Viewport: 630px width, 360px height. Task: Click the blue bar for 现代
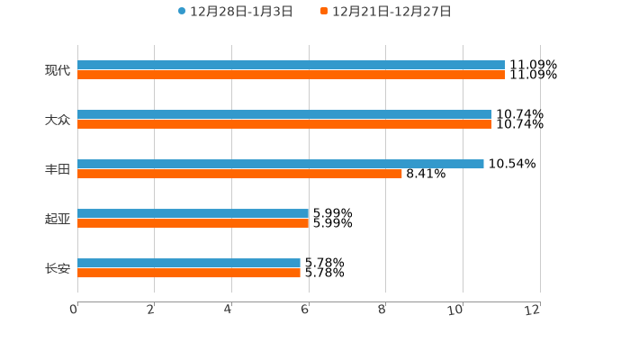pos(291,65)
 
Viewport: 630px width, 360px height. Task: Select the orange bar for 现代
pos(291,75)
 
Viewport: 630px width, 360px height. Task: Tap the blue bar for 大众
pos(284,114)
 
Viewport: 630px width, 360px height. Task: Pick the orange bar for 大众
pos(284,124)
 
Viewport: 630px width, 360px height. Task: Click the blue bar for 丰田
pos(280,164)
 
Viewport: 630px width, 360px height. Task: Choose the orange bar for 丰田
pos(239,174)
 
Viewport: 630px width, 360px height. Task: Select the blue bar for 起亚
pos(193,213)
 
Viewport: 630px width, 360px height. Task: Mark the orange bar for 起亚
pos(193,223)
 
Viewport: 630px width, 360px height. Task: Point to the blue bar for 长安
pos(188,263)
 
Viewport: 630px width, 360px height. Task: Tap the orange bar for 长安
pos(188,273)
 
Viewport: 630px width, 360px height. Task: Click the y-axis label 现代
pos(58,70)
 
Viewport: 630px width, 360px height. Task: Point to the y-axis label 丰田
pos(58,169)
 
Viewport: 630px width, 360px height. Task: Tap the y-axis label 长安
pos(58,268)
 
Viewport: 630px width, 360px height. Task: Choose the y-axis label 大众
pos(58,120)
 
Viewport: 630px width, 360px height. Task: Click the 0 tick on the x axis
pos(74,310)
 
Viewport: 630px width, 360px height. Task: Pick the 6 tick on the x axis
pos(305,310)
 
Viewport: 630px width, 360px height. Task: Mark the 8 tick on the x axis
pos(382,310)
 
